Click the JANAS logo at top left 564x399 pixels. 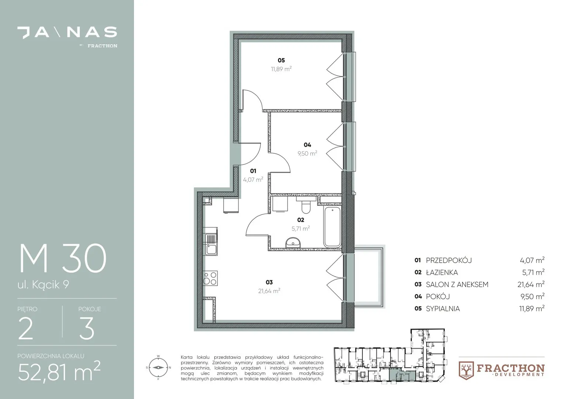click(x=67, y=33)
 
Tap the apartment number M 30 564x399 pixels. click(x=63, y=258)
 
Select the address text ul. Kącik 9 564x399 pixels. click(x=43, y=285)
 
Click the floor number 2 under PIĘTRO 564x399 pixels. click(x=26, y=328)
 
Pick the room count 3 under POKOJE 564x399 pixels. click(x=87, y=328)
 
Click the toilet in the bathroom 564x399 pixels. click(x=306, y=205)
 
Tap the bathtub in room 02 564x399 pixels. click(x=332, y=226)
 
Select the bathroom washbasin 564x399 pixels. click(x=293, y=242)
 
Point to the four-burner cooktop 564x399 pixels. click(x=210, y=278)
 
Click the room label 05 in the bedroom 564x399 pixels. click(x=281, y=60)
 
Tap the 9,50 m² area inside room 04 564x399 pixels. click(x=307, y=153)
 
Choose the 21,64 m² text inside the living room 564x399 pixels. click(x=269, y=291)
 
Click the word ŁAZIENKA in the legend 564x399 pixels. click(x=442, y=273)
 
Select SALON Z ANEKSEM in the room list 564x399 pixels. click(x=457, y=284)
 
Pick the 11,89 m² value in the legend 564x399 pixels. click(x=532, y=308)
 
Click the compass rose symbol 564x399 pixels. click(x=158, y=368)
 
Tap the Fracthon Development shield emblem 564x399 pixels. click(x=466, y=371)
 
